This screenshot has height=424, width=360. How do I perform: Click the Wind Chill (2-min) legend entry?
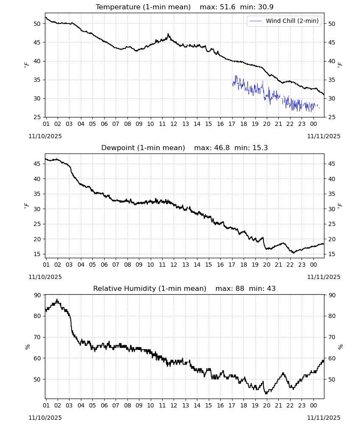pyautogui.click(x=284, y=21)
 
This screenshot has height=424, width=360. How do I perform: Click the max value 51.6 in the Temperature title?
pyautogui.click(x=228, y=7)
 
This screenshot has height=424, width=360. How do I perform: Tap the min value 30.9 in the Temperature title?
pyautogui.click(x=266, y=7)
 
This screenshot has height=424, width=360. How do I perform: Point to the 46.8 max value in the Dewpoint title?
pyautogui.click(x=222, y=148)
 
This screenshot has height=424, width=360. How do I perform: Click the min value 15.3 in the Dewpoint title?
pyautogui.click(x=260, y=148)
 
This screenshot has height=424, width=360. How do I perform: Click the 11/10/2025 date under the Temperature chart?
pyautogui.click(x=45, y=136)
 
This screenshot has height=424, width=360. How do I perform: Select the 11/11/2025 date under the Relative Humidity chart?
pyautogui.click(x=324, y=418)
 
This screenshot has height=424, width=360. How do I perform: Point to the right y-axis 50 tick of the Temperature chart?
pyautogui.click(x=332, y=24)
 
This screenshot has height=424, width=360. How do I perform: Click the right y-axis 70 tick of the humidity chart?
pyautogui.click(x=332, y=337)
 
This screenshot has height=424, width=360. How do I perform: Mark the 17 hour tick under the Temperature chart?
pyautogui.click(x=232, y=124)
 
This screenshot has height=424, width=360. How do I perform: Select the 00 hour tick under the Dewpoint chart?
pyautogui.click(x=313, y=265)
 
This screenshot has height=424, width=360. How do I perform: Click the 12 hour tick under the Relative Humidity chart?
pyautogui.click(x=174, y=406)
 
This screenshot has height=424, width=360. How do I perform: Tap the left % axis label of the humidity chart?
pyautogui.click(x=27, y=347)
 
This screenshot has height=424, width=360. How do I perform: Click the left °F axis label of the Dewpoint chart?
pyautogui.click(x=26, y=206)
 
